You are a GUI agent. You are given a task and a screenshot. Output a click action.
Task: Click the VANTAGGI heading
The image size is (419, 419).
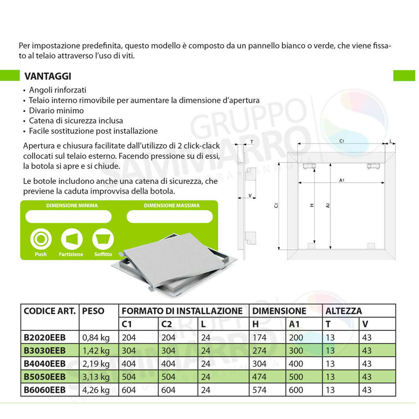(x=48, y=76)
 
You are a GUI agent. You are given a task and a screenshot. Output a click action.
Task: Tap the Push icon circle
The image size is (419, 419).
(x=40, y=239)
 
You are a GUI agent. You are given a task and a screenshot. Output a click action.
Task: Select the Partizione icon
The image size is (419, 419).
(x=72, y=239)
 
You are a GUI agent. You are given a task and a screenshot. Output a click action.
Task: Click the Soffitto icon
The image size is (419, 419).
(x=103, y=239)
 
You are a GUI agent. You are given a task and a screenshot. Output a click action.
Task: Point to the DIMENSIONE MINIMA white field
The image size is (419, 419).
(x=69, y=216)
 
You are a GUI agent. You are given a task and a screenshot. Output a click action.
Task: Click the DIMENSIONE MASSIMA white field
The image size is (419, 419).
(x=169, y=216)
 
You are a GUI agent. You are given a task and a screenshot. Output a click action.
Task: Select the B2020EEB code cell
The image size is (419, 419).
(x=45, y=337)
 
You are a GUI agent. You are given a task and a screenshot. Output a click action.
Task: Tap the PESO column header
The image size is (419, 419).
(x=94, y=311)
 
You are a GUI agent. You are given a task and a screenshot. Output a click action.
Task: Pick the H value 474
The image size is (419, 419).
(x=260, y=377)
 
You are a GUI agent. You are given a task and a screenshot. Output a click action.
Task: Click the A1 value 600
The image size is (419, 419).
(x=297, y=390)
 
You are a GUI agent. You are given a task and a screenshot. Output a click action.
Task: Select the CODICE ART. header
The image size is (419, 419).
(x=50, y=311)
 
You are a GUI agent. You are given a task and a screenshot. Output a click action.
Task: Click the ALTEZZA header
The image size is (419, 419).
(x=343, y=311)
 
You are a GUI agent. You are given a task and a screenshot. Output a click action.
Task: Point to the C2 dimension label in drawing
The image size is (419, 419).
(x=275, y=205)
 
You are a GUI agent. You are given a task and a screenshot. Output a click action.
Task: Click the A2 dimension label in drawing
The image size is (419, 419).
(x=327, y=206)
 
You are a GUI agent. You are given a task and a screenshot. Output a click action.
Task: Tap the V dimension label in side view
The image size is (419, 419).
(x=249, y=195)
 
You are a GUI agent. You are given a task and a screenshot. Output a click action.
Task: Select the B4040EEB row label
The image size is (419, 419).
(x=45, y=363)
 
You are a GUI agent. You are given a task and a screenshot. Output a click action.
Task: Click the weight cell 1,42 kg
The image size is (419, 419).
(x=96, y=350)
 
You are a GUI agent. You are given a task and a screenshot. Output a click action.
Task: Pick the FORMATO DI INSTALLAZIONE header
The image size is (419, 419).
(x=182, y=311)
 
